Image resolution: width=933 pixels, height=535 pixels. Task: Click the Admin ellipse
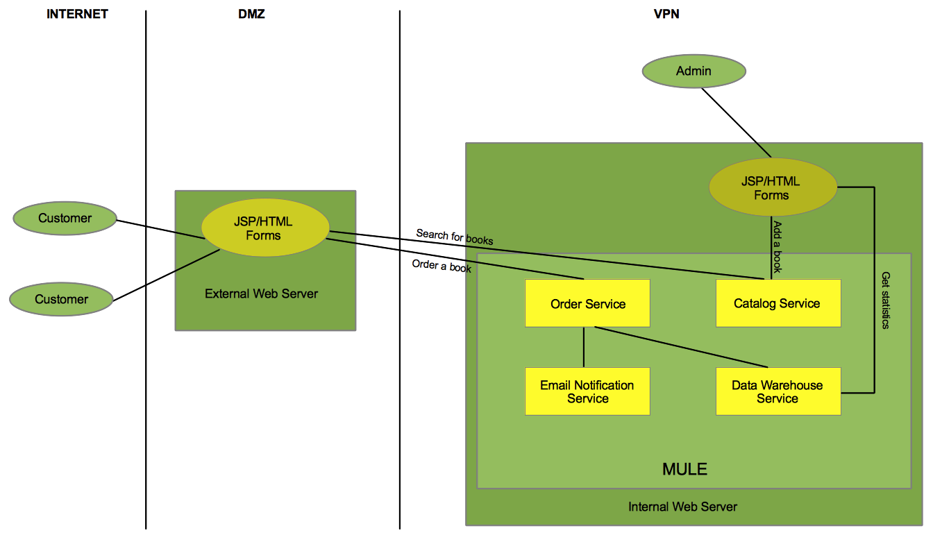pos(694,71)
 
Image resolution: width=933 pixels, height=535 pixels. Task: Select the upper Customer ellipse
pos(65,219)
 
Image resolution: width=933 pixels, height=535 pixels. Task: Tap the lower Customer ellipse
pos(62,300)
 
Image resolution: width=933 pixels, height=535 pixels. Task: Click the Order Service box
pos(587,303)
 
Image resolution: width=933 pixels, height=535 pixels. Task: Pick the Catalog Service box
pos(777,303)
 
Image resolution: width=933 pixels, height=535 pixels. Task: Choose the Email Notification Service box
pos(587,391)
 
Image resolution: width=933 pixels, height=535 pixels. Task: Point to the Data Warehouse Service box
pos(777,391)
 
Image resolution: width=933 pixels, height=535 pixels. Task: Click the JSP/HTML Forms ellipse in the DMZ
pos(264,228)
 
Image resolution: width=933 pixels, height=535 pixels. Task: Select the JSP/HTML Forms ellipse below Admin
pos(771,188)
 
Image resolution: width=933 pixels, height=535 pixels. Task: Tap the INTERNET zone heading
pos(77,14)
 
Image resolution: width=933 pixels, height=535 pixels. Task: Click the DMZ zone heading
pos(251,14)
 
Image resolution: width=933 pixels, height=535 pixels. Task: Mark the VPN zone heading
pos(666,14)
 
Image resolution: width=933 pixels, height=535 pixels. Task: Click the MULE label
pos(684,469)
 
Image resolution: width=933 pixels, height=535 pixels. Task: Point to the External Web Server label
pos(261,294)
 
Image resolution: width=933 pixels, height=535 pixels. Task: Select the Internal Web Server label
pos(682,507)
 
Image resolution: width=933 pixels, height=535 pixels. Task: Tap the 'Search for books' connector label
pos(454,237)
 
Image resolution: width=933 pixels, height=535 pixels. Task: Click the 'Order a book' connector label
pos(442,266)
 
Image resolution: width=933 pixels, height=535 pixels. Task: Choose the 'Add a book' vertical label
pos(777,248)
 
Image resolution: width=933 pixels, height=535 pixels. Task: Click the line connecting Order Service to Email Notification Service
pos(584,347)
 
